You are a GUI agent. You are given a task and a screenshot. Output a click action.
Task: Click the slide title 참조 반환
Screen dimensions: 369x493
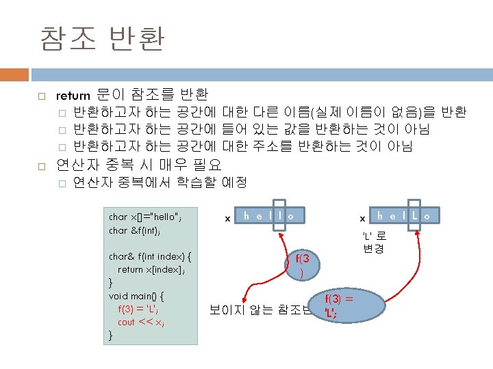[101, 38]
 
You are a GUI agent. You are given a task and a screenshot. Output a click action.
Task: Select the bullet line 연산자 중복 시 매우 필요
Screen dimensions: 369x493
[138, 164]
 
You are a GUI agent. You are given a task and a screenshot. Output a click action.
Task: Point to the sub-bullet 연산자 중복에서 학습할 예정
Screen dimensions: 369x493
[160, 182]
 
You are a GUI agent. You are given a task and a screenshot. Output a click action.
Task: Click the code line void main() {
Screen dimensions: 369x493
[136, 296]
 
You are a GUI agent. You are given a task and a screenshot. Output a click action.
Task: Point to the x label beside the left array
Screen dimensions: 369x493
[227, 219]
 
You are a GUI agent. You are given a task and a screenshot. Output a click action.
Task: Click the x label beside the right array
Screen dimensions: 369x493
[362, 219]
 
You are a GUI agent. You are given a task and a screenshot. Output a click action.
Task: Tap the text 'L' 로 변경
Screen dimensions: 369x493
[374, 241]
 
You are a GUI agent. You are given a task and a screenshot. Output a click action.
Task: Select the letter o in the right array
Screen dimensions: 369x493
[427, 216]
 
